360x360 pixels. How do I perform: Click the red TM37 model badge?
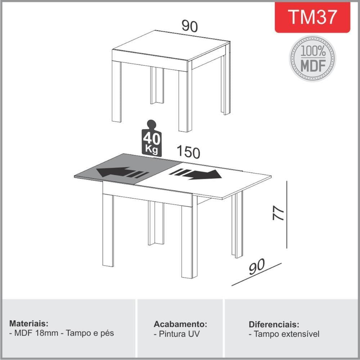(312, 17)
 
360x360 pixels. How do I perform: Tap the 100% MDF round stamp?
(312, 58)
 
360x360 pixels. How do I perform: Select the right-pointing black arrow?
(195, 174)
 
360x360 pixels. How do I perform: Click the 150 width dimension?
(188, 152)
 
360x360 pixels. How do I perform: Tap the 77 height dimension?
(278, 213)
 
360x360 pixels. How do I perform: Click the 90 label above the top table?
(190, 26)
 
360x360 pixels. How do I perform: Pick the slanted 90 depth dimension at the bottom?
(257, 266)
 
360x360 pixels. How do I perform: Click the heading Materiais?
(29, 324)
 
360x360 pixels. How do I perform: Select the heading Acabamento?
(180, 324)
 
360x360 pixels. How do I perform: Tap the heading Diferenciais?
(274, 324)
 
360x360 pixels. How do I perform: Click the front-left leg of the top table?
(116, 91)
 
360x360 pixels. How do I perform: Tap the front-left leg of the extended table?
(108, 230)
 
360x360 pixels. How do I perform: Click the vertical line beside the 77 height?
(287, 215)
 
